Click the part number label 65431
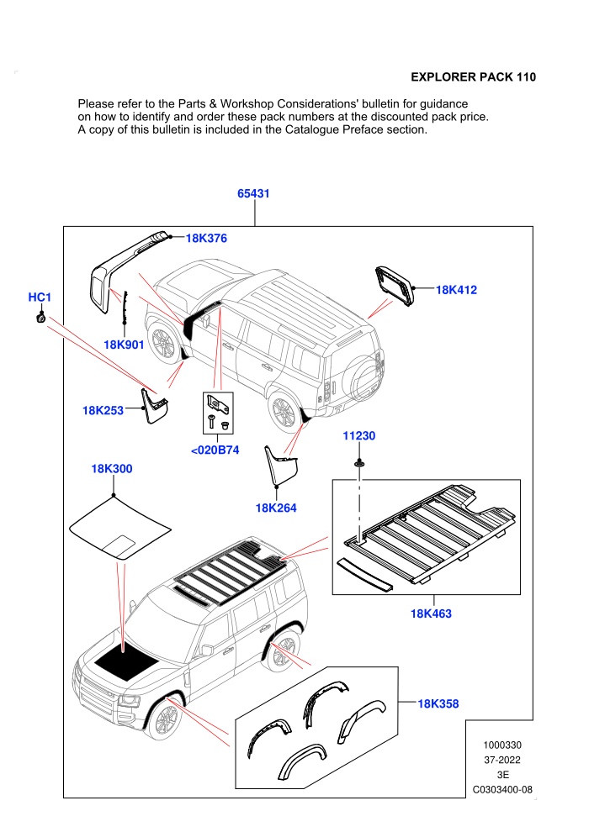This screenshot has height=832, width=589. coord(253,193)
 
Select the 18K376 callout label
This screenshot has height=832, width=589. coord(206,238)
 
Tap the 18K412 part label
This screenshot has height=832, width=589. coord(456,290)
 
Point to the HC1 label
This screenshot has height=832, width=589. coord(40,298)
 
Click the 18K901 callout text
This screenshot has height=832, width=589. coord(124,345)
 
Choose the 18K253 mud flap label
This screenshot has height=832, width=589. coord(103,410)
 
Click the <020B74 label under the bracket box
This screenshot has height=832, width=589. coord(215,450)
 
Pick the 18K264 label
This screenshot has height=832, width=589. coord(276,508)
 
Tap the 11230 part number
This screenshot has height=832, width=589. coord(358,435)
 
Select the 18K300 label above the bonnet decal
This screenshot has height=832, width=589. coord(112,469)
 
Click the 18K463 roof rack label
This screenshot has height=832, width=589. coord(431,613)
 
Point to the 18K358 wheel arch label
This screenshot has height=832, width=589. coord(438,703)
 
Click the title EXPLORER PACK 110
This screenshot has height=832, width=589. coord(473,77)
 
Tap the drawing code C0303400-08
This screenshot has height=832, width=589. coord(502,789)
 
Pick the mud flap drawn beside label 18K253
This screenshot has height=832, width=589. coord(153,405)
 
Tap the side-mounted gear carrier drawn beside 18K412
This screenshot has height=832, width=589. coord(395,286)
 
